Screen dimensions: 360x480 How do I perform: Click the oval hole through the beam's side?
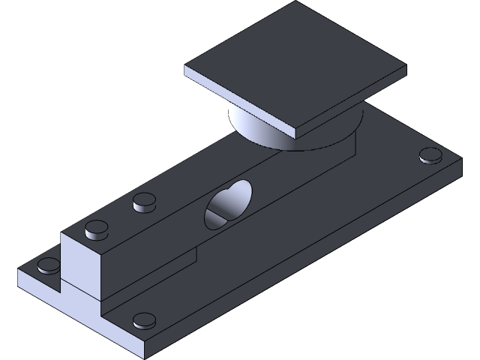pyautogui.click(x=226, y=204)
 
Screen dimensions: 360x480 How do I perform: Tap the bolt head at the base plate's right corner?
pyautogui.click(x=430, y=156)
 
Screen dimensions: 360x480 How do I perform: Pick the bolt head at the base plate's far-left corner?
pyautogui.click(x=49, y=264)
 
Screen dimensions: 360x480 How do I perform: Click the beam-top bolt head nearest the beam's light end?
pyautogui.click(x=96, y=229)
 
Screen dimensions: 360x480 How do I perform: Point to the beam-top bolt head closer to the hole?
pyautogui.click(x=144, y=201)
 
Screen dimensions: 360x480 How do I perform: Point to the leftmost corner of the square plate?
pyautogui.click(x=186, y=70)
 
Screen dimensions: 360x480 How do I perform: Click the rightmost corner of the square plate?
pyautogui.click(x=406, y=68)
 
